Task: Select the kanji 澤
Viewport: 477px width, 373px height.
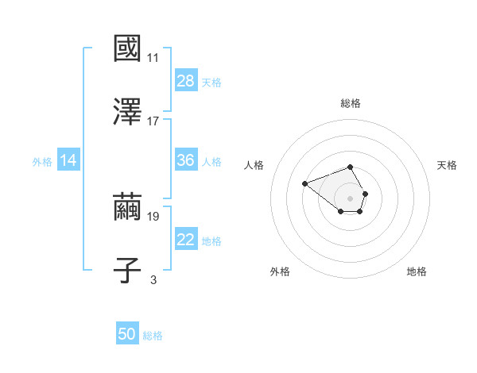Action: (128, 112)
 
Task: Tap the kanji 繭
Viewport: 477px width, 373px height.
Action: (128, 207)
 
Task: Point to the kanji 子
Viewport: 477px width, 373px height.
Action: (128, 270)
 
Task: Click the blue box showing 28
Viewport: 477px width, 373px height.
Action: (185, 80)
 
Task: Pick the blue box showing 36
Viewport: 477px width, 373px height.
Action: (185, 160)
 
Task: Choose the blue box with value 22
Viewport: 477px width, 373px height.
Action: (185, 240)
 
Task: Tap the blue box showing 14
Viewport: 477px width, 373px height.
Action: (68, 160)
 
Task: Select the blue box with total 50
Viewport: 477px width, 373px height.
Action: (127, 334)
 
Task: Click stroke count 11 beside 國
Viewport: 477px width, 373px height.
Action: (153, 58)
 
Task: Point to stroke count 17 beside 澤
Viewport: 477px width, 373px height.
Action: (153, 121)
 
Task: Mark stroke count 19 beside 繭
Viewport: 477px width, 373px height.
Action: (153, 216)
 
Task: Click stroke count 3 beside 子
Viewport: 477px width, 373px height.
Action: (153, 279)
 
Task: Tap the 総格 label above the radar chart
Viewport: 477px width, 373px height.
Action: (351, 103)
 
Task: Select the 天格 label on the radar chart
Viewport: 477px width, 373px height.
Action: (447, 165)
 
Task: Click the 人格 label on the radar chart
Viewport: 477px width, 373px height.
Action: (254, 165)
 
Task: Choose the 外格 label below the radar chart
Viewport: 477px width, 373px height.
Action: (280, 271)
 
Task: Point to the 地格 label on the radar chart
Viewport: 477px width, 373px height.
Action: (417, 271)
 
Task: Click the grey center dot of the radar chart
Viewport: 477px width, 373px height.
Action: (350, 198)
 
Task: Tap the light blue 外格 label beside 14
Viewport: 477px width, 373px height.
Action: (42, 161)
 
